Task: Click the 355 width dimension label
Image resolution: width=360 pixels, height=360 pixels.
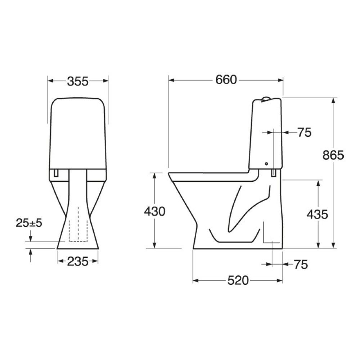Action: (78, 81)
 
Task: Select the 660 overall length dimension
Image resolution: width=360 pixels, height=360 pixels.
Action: (226, 80)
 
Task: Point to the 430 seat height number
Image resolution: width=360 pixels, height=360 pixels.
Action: (154, 211)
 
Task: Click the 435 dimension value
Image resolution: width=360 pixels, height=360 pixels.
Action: (317, 215)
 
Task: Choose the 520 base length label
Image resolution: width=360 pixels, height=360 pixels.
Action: (238, 280)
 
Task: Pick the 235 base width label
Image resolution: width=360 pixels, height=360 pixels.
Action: (78, 262)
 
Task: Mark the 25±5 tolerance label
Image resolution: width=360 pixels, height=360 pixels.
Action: (29, 223)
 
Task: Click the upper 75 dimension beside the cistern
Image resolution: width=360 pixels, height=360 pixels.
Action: (304, 132)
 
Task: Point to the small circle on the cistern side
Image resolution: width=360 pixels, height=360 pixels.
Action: (266, 164)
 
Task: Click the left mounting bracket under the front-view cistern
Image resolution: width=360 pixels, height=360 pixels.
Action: (56, 173)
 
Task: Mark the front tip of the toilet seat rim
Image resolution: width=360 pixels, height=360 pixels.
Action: (169, 174)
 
